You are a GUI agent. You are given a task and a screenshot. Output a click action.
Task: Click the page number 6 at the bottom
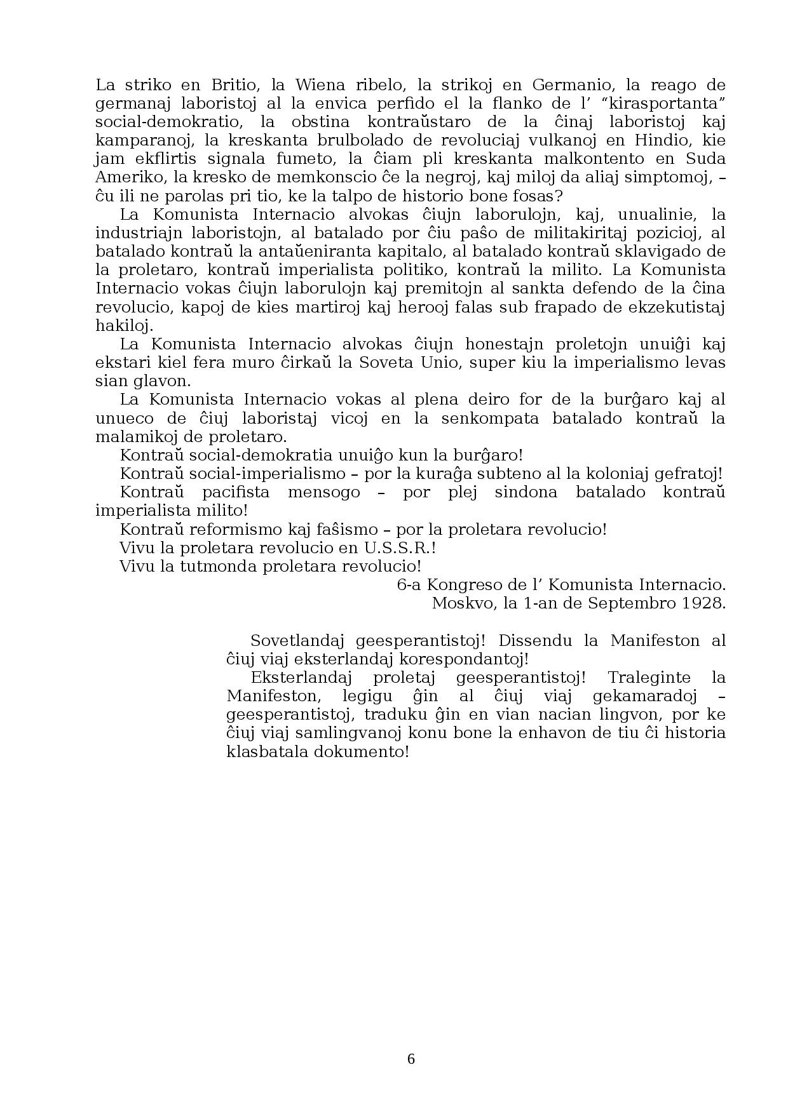click(x=411, y=1059)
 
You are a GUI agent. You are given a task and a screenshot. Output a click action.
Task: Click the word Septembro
click(x=623, y=603)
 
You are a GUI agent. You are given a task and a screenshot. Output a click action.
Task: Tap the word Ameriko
click(x=123, y=177)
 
